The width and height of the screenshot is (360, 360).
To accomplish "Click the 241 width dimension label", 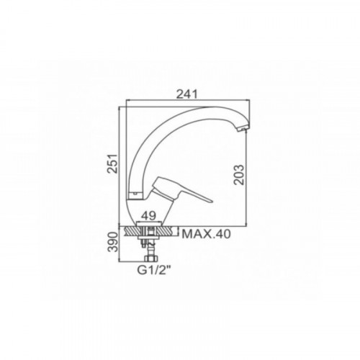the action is (186, 94).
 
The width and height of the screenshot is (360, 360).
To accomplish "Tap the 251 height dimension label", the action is (112, 163).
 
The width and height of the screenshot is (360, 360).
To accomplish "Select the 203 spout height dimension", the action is (239, 174).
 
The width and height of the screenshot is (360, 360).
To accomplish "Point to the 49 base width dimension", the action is (149, 216).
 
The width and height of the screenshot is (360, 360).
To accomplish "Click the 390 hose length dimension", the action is (112, 242).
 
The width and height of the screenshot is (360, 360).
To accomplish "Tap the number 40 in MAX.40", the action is (222, 234).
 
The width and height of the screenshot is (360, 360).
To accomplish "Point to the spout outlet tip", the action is (243, 130).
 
